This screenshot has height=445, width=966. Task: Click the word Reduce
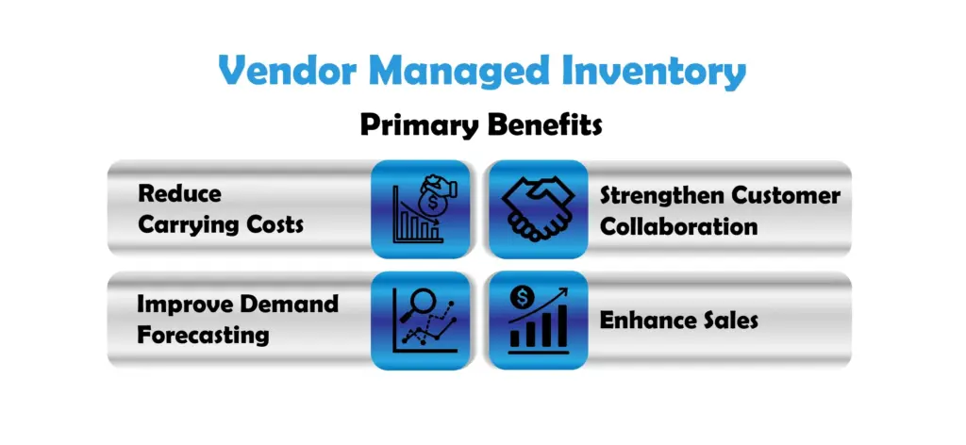click(x=179, y=193)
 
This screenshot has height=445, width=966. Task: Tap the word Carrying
click(x=187, y=225)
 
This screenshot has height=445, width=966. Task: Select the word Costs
click(x=273, y=224)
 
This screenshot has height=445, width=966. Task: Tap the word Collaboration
click(x=678, y=226)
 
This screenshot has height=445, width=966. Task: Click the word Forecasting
click(x=203, y=336)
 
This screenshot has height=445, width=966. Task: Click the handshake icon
click(x=538, y=209)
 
